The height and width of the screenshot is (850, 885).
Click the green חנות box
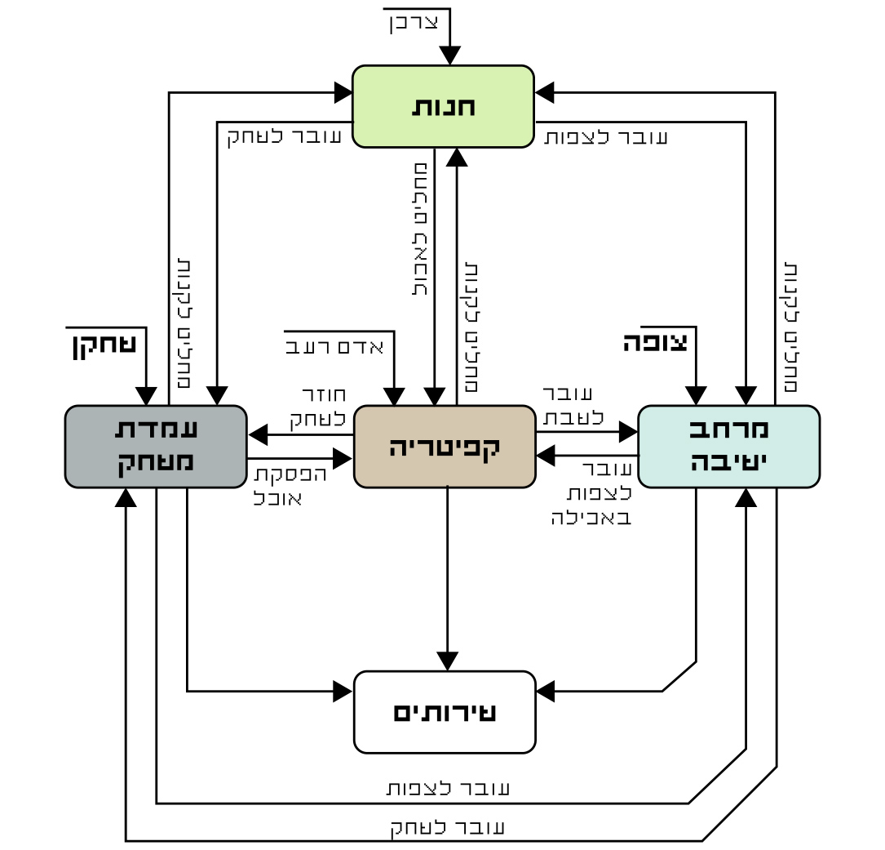coord(443,106)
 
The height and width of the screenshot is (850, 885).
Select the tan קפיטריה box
coord(445,447)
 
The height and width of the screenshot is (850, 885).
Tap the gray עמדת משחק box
coord(156,447)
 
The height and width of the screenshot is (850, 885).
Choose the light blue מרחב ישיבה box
coord(728,447)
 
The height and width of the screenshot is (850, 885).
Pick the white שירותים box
coord(445,712)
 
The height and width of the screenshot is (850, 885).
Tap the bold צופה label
coord(656,342)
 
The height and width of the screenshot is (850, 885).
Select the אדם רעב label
coord(334,348)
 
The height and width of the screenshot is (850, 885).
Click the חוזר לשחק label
coord(318,407)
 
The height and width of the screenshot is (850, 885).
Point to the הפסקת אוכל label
coord(290,486)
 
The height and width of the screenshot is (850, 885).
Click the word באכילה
coord(591,517)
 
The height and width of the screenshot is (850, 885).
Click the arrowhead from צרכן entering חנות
coord(450,56)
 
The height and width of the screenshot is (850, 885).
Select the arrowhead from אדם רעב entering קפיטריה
coord(395,396)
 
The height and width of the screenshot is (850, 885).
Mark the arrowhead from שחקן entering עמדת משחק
coord(146,396)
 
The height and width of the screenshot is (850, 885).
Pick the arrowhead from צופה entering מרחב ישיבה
coord(696,396)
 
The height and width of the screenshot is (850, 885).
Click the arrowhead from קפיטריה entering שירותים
coord(447,661)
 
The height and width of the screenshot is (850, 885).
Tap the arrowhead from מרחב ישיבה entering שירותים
coord(546,692)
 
